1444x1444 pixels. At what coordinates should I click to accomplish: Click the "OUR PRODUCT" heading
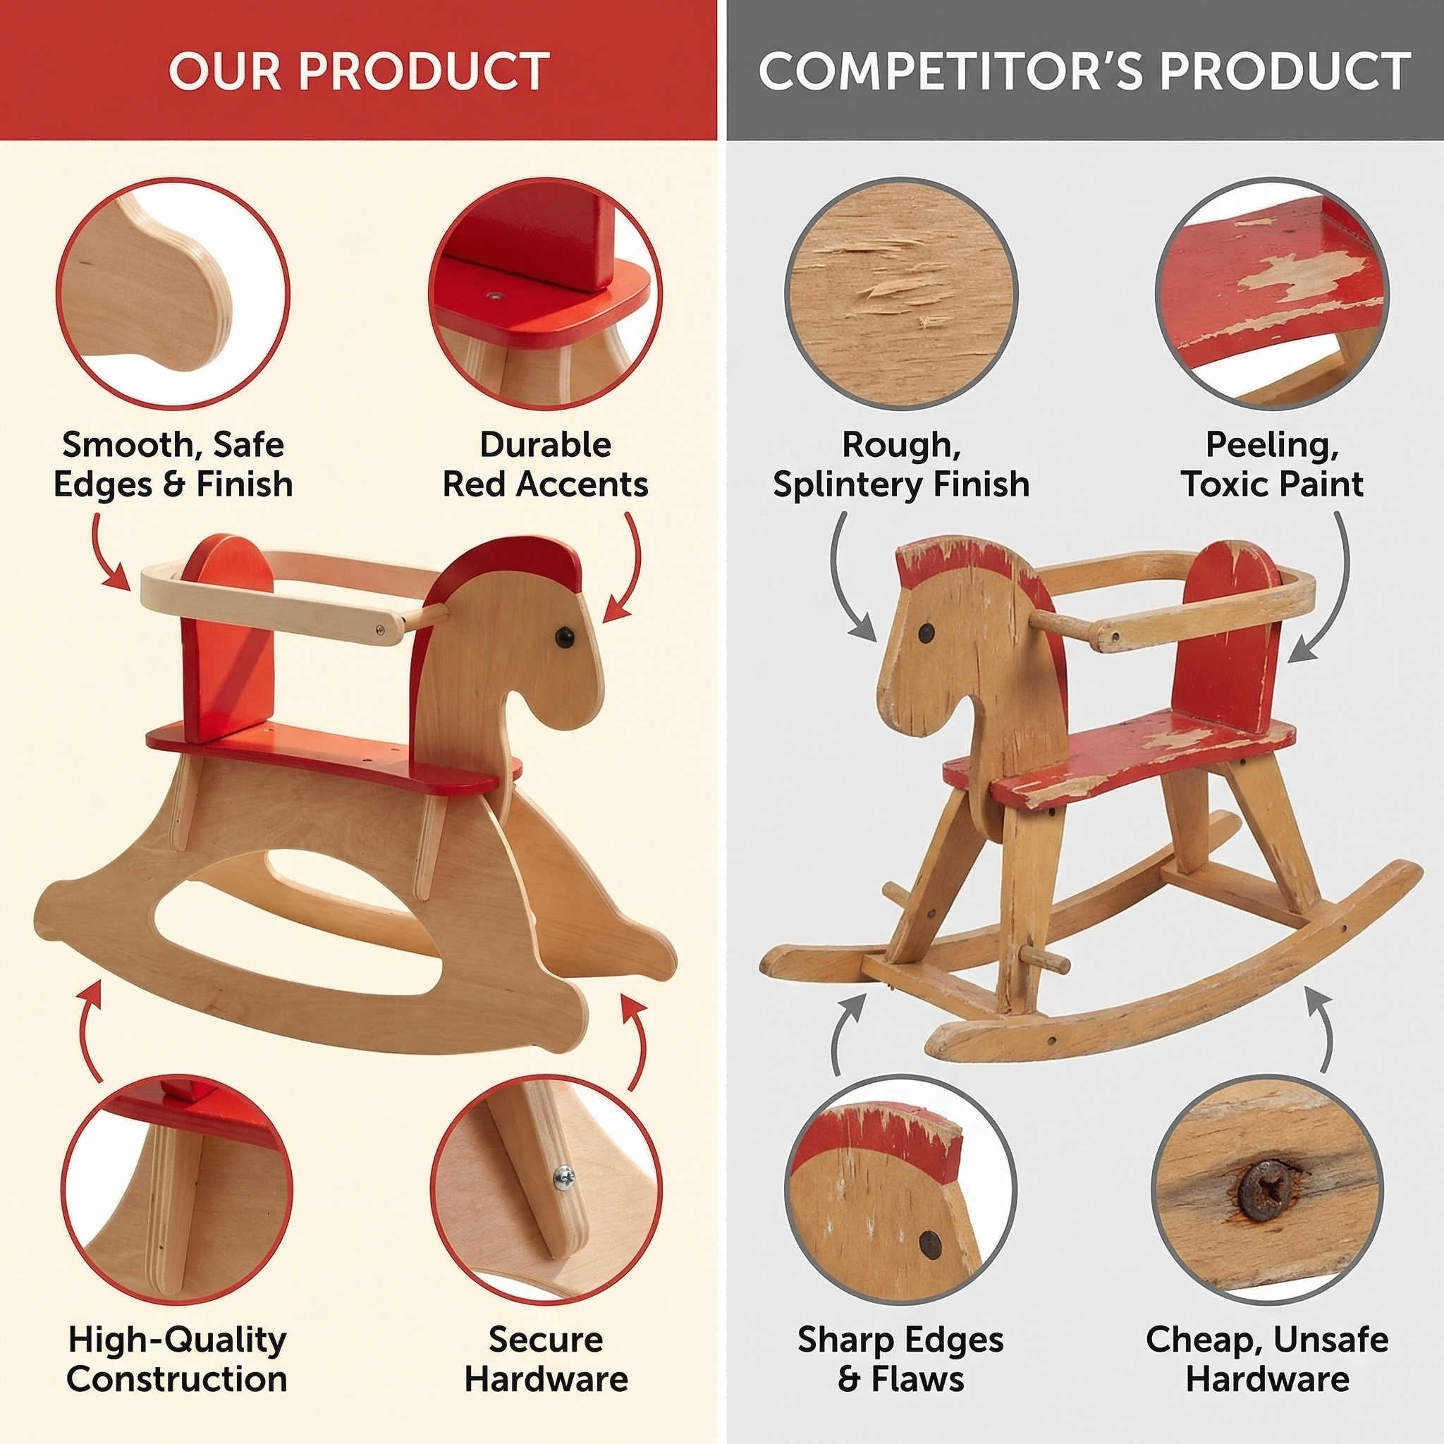[359, 72]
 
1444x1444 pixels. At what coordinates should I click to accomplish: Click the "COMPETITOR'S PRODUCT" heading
[1084, 72]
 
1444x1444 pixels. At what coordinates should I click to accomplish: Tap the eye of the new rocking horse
[563, 637]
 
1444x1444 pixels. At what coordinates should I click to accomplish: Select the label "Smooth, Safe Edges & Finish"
[173, 464]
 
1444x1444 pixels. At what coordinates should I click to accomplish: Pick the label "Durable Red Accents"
[545, 464]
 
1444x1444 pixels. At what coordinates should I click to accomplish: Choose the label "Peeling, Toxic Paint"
[1272, 464]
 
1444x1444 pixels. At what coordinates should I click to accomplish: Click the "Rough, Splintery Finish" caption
[900, 464]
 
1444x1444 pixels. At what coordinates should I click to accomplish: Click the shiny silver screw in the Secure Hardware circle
[564, 1178]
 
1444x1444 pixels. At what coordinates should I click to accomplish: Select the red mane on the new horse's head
[515, 568]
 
